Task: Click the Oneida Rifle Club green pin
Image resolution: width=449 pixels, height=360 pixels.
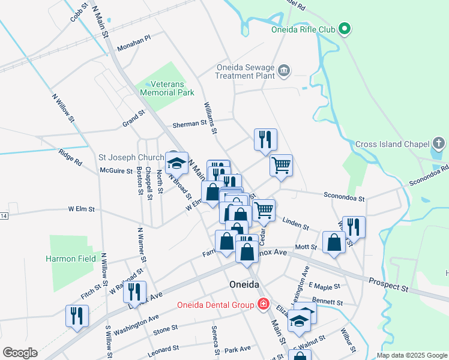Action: [x=345, y=28]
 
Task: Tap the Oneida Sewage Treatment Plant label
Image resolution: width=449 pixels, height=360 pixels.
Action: [x=246, y=72]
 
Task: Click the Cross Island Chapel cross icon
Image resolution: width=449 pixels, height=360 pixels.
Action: [x=439, y=144]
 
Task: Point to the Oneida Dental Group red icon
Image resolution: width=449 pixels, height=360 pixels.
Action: [x=262, y=305]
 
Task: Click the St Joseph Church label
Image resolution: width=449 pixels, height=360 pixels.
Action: [x=131, y=158]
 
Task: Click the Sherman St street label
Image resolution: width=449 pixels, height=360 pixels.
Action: [x=190, y=124]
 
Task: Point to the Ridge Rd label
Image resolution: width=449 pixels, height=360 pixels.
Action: [x=70, y=158]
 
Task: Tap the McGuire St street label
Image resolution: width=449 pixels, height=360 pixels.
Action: [x=116, y=171]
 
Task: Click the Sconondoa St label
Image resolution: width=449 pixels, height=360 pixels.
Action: [x=344, y=196]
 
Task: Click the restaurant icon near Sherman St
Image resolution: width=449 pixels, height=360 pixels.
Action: [x=265, y=140]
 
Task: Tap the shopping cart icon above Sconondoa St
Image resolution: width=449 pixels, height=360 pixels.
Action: [x=281, y=164]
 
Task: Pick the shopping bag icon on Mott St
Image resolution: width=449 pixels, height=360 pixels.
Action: [x=334, y=242]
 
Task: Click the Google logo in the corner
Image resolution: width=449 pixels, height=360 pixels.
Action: [x=20, y=353]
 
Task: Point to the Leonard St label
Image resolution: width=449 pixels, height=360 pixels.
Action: [x=163, y=350]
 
